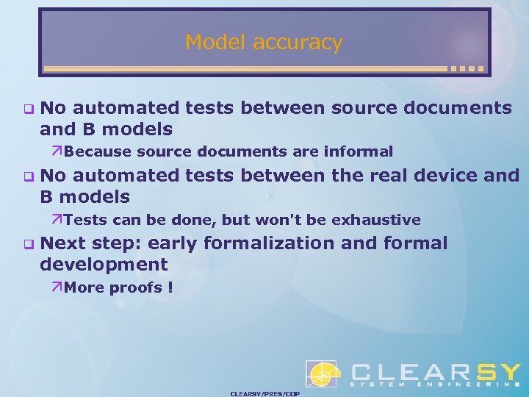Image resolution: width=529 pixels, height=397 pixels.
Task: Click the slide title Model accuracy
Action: (264, 42)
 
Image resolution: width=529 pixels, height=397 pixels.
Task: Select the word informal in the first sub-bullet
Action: (359, 152)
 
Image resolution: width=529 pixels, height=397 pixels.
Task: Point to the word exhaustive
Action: (376, 220)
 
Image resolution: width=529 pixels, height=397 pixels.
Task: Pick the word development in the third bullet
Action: (104, 265)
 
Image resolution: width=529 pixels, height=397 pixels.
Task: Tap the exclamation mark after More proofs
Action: (170, 287)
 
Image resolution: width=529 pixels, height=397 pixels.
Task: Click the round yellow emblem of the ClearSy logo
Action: (322, 374)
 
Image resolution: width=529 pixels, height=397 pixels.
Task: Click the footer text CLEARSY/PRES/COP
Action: (264, 393)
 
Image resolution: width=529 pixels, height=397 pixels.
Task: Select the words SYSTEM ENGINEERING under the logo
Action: (434, 385)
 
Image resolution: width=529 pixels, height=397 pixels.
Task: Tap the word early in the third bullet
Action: (175, 243)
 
